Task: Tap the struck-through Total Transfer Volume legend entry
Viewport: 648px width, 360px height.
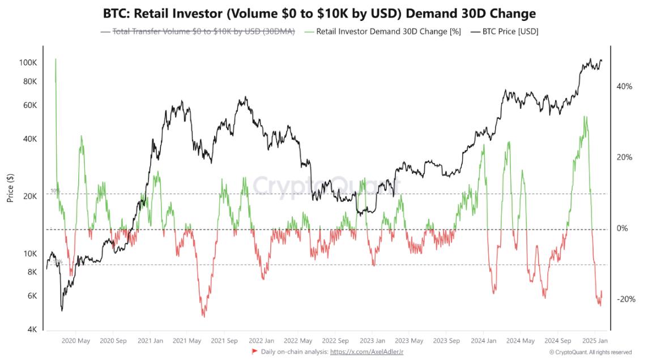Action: point(203,32)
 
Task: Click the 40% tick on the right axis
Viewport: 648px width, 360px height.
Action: point(624,87)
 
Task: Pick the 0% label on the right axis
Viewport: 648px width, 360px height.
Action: point(623,228)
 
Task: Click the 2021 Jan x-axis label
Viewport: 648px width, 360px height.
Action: point(151,341)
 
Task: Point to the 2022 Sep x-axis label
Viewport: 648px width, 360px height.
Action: point(335,341)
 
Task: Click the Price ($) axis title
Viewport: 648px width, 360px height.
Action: point(10,188)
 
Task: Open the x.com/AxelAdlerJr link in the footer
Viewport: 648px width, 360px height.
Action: point(366,352)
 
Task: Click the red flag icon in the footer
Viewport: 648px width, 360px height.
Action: point(254,352)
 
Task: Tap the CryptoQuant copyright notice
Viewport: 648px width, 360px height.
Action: point(590,352)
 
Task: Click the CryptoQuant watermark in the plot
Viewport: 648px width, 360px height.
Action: point(326,185)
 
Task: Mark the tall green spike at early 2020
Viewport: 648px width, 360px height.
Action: point(56,61)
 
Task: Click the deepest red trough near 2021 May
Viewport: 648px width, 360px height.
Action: point(203,315)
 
